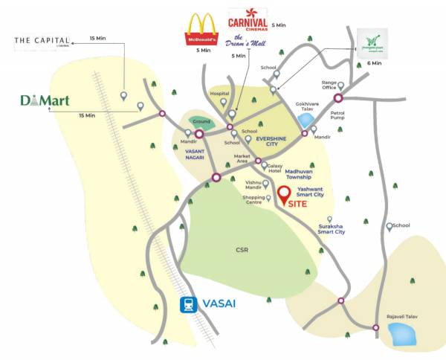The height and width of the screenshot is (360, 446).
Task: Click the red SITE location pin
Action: tap(283, 194)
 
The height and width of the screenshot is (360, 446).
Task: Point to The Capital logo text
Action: tap(42, 40)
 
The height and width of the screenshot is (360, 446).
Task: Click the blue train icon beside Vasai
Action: tap(190, 304)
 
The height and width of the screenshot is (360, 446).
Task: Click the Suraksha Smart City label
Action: tap(331, 228)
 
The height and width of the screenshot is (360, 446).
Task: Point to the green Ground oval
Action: tap(201, 120)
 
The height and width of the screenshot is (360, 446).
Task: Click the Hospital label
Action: tap(220, 94)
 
